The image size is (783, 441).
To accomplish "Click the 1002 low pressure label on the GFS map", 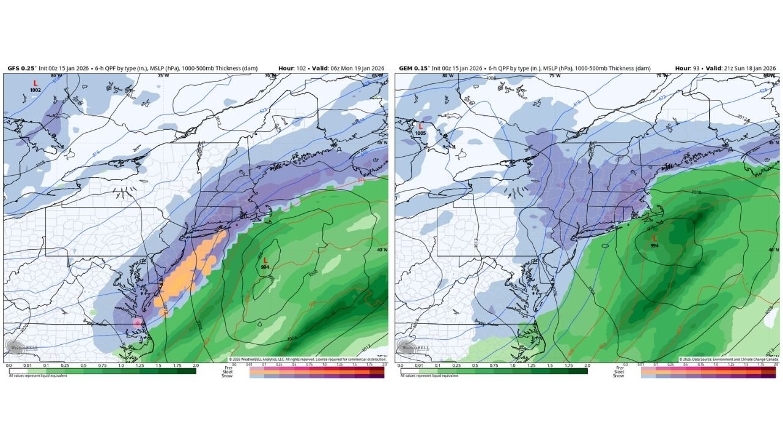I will coord(35,90).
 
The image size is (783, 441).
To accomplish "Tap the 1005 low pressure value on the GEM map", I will coord(420,133).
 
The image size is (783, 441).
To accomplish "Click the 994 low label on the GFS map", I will coord(265,267).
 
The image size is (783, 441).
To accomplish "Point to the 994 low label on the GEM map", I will coord(655,245).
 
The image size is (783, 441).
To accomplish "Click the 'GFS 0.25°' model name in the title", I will coord(22,68).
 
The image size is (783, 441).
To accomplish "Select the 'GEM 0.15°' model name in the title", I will coord(414,68).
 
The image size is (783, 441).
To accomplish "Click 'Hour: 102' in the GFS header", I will coord(291,68).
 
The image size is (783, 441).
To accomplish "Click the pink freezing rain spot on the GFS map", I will coord(137,322).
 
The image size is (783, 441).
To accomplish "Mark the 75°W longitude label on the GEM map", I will coord(554,75).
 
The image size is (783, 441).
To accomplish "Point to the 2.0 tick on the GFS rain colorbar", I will coord(195,365).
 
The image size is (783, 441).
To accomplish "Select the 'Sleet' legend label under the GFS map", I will coord(226,371).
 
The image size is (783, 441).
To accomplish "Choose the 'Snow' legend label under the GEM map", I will coord(618,375).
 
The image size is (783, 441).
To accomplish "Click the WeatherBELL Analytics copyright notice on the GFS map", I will coord(306,359).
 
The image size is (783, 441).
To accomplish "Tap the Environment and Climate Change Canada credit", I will coord(727,359).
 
